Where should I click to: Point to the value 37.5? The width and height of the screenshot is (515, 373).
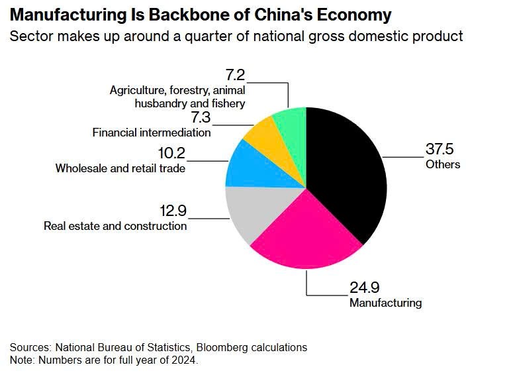[440, 149]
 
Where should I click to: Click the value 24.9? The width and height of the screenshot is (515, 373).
[364, 288]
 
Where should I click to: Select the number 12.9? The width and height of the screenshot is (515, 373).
[173, 211]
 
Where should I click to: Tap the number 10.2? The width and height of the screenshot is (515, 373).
[171, 154]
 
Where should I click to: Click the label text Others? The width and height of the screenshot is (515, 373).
[443, 164]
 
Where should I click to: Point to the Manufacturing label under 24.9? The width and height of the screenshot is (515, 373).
[385, 303]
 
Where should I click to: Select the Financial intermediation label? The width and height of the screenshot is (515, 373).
[152, 133]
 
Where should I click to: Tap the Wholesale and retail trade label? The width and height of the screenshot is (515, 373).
[120, 168]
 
